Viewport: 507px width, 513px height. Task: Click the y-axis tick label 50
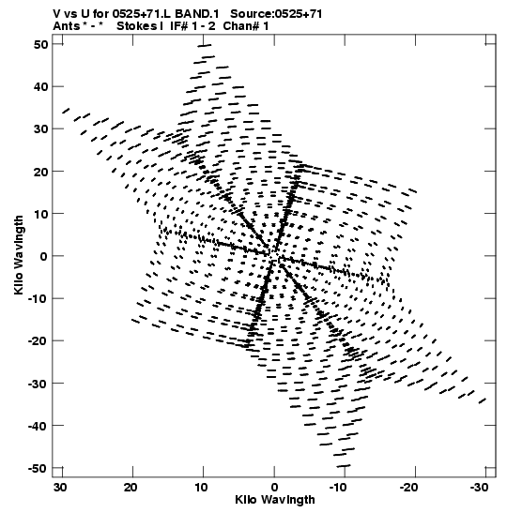40,44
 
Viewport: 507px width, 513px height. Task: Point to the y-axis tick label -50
38,468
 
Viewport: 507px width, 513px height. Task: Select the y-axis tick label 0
44,256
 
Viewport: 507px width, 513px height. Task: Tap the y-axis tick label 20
40,172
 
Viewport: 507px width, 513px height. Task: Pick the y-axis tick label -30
38,384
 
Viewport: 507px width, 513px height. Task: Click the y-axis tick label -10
38,298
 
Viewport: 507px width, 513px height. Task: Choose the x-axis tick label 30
60,488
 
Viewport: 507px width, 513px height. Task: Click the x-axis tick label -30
479,488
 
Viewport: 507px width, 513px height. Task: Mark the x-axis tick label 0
274,488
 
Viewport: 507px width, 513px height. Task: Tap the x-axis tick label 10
202,488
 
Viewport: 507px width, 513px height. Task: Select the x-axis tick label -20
408,488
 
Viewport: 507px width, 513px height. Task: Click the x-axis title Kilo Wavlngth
275,500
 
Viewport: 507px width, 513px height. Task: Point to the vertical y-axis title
19,255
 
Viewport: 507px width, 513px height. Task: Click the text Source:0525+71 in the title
276,14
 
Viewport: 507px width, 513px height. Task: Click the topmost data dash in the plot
205,45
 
